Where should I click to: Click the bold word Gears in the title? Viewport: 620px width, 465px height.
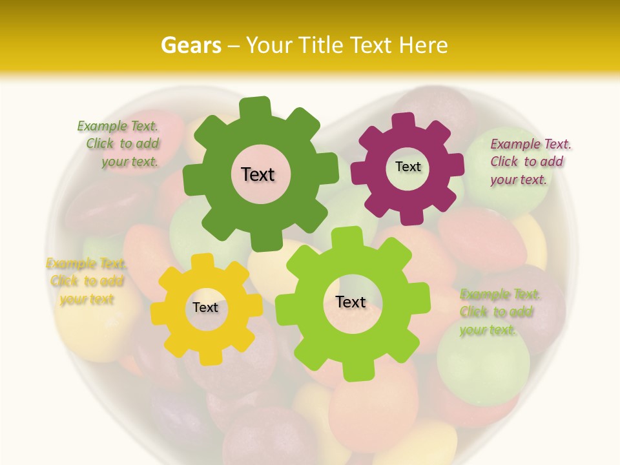click(x=191, y=45)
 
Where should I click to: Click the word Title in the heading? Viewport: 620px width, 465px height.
click(x=323, y=45)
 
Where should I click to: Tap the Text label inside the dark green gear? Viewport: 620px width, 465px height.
click(x=258, y=174)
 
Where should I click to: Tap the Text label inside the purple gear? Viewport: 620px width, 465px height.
click(x=408, y=167)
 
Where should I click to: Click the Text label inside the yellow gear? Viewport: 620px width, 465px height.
click(x=205, y=307)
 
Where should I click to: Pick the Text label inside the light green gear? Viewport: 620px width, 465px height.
click(x=351, y=302)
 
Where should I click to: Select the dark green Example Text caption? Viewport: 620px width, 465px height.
click(x=119, y=144)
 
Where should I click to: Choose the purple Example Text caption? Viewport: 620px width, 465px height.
click(x=530, y=161)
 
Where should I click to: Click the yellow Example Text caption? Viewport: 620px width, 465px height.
click(x=87, y=281)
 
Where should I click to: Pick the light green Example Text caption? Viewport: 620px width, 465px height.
click(x=500, y=312)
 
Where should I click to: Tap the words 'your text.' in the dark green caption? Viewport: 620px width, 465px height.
click(x=130, y=162)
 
